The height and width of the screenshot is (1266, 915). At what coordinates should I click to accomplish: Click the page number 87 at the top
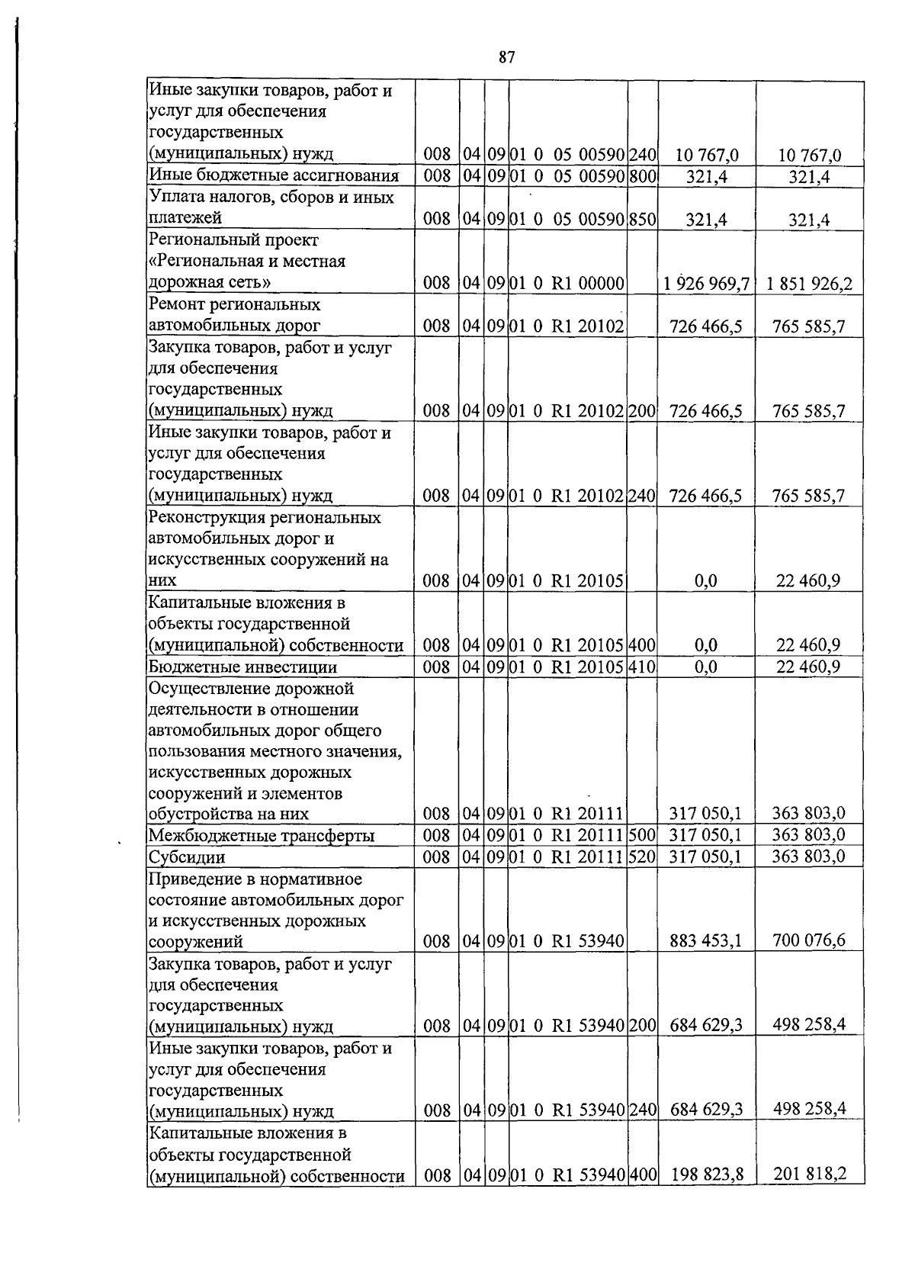coord(507,57)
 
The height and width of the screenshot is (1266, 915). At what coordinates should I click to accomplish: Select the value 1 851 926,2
coord(809,284)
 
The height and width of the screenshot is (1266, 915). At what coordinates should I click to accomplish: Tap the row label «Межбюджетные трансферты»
coord(261,835)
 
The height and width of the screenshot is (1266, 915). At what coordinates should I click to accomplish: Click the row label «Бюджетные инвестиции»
coord(242,667)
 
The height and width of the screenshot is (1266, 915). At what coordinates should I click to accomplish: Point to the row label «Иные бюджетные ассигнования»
coord(273,176)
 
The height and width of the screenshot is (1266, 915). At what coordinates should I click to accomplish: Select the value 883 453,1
coord(705,940)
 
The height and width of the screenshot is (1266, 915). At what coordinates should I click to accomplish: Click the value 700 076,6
coord(809,940)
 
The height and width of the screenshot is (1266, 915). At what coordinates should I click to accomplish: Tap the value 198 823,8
coord(706,1174)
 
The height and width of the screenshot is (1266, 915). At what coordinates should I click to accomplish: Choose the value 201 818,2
coord(809,1174)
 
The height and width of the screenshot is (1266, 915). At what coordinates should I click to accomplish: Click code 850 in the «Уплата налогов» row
coord(642,220)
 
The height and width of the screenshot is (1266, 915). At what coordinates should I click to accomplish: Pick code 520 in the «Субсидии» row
coord(642,856)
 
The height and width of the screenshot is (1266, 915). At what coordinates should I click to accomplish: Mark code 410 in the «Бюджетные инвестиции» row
coord(642,667)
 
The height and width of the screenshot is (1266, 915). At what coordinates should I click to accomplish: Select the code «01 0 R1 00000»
coord(567,284)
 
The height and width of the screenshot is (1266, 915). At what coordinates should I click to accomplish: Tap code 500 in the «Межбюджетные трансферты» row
coord(642,835)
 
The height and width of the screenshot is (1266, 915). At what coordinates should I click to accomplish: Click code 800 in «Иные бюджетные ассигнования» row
coord(642,176)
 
